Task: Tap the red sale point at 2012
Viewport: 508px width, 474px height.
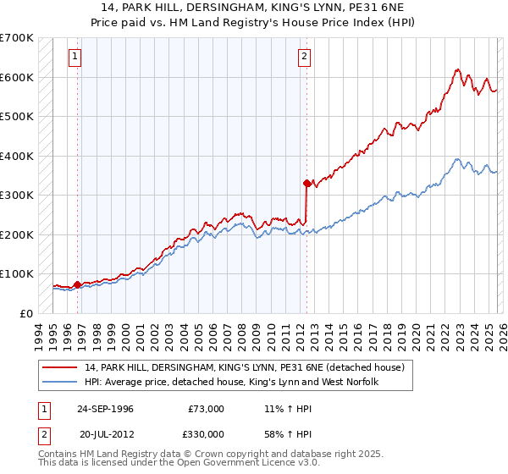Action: pos(306,182)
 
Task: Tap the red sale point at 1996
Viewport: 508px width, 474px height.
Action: pos(78,284)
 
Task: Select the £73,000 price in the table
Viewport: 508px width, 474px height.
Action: pos(206,408)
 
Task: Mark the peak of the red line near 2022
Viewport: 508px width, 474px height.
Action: pos(456,69)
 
